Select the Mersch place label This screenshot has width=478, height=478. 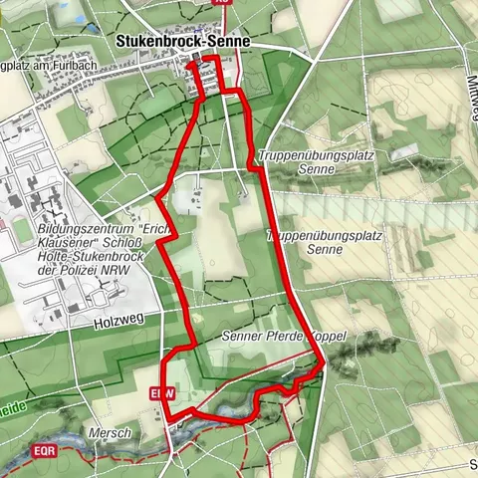(x=109, y=434)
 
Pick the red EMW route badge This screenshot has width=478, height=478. (x=162, y=393)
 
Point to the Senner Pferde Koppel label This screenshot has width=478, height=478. (x=284, y=338)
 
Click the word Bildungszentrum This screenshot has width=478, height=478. (x=82, y=227)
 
